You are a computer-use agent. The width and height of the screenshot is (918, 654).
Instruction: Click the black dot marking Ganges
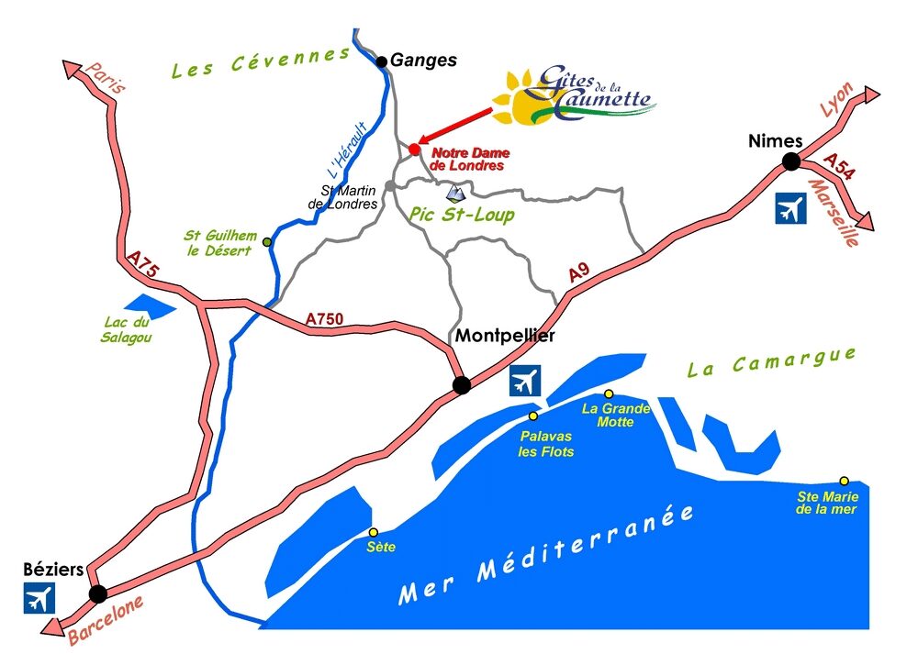[382, 61]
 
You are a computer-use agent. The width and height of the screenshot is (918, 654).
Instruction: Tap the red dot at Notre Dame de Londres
[414, 149]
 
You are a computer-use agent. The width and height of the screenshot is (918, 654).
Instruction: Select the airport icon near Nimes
[789, 209]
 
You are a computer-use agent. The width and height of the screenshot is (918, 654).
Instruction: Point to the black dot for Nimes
[789, 162]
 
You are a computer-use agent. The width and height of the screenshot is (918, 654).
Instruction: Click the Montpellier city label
[505, 337]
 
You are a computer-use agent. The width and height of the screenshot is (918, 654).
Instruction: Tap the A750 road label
[324, 319]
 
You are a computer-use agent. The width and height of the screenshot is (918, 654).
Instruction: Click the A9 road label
[577, 272]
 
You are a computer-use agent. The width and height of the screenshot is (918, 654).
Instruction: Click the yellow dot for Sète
[373, 532]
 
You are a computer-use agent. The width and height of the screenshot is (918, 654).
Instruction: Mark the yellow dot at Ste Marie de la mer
[844, 481]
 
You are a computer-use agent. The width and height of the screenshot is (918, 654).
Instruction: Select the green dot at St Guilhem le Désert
[267, 242]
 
